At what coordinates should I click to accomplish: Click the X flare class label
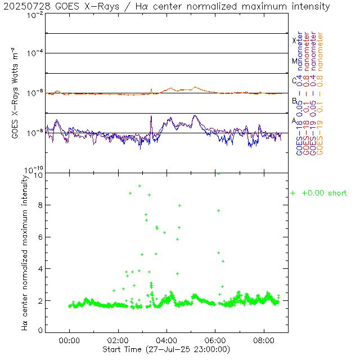coord(294,40)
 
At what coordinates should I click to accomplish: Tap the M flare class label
coord(294,61)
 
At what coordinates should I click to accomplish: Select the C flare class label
coord(294,80)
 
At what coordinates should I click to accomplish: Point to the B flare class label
coord(294,101)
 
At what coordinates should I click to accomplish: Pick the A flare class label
coord(294,120)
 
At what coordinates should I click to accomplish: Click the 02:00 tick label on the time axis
coord(118,340)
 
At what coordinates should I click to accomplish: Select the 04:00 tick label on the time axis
coord(166,340)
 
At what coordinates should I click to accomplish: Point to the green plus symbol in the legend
coord(292,193)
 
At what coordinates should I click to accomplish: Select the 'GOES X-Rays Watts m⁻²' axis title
coord(16,93)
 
